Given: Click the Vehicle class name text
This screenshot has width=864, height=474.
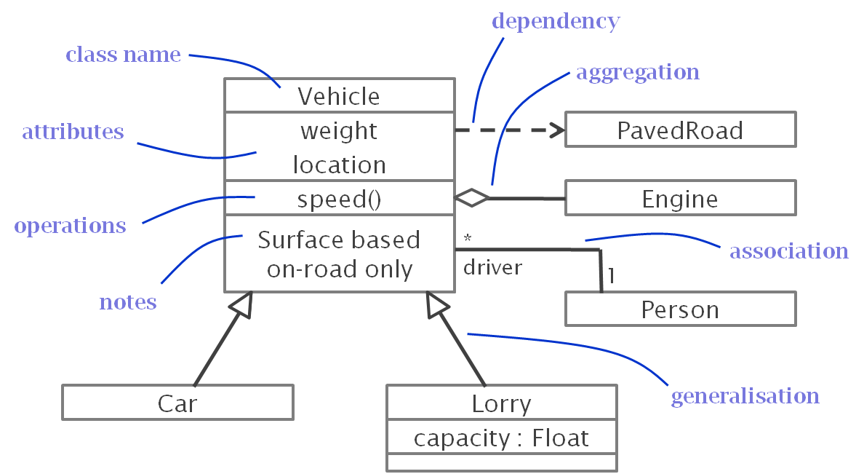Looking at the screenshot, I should (339, 96).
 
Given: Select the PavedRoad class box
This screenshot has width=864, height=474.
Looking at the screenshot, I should (680, 130).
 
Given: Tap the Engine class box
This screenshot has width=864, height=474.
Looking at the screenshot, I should (680, 199).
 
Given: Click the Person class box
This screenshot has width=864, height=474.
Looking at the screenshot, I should (680, 309).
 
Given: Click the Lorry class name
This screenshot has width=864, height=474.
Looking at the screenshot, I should (501, 403).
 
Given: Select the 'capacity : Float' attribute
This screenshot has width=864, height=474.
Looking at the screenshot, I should (501, 438).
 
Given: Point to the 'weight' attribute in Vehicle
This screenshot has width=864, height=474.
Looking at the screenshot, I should (339, 131).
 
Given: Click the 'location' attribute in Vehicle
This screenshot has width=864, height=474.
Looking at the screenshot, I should (339, 165).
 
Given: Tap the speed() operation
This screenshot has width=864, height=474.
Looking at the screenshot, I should (339, 199).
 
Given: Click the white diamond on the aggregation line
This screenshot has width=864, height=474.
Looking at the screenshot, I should (472, 197).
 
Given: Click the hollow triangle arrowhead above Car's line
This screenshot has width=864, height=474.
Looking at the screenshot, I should (242, 304).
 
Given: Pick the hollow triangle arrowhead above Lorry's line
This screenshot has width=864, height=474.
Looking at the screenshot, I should (437, 304).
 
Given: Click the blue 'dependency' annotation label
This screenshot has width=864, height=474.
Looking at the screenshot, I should (555, 21).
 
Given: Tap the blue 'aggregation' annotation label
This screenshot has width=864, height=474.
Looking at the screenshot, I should (637, 72).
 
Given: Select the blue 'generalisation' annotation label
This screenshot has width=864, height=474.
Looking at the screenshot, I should (744, 396).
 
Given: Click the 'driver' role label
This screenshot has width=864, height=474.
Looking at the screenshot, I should (492, 268).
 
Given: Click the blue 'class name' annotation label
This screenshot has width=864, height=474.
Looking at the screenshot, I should (123, 55).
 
